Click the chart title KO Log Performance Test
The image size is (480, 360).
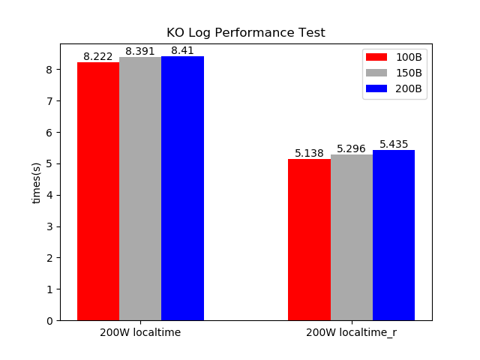tap(245, 33)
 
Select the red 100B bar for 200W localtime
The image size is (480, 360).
tap(98, 191)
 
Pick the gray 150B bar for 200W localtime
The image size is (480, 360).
tap(140, 189)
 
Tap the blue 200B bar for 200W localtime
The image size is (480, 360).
tap(182, 188)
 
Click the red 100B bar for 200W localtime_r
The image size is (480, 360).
tap(309, 240)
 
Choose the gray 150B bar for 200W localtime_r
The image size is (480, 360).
tap(351, 238)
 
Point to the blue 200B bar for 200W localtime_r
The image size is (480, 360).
tap(394, 235)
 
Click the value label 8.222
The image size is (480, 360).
tap(98, 57)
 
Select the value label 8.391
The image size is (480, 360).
tap(140, 52)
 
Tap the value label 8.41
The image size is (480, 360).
tap(182, 51)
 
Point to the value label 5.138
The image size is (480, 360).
tap(309, 154)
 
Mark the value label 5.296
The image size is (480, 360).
tap(351, 149)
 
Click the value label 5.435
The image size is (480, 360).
tap(394, 145)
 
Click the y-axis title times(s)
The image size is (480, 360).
tap(37, 182)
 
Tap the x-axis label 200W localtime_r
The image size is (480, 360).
tap(351, 332)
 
